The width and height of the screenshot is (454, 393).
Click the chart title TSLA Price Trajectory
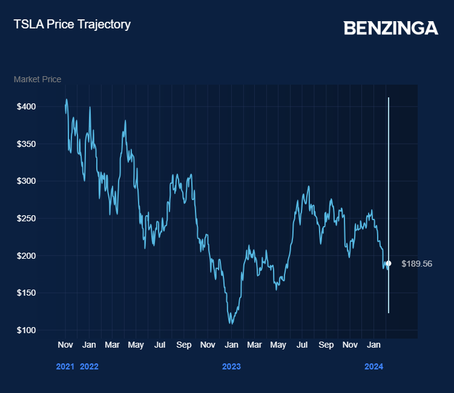coord(72,25)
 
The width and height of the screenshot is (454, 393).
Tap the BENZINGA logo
coord(390,28)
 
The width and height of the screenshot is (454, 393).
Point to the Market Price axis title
coord(38,79)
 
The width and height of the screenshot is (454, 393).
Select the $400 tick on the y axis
coord(27,106)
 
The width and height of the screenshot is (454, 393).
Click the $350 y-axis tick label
coord(27,144)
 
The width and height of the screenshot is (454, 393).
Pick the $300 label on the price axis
coord(27,181)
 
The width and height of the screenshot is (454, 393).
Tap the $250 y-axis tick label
coord(27,218)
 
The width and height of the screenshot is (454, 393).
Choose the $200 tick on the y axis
coord(27,256)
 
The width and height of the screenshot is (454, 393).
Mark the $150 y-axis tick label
coord(27,293)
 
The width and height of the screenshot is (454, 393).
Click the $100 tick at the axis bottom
coord(27,330)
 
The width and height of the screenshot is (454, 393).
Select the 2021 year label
coord(65,366)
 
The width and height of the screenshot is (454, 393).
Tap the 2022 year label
coord(89,366)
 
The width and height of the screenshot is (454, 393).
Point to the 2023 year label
coord(231,366)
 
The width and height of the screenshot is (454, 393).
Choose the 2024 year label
coord(373,366)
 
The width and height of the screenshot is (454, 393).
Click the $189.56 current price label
coord(416,264)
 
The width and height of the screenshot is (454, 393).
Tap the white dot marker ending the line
coord(389,264)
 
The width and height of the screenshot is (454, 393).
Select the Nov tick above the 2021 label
coord(65,345)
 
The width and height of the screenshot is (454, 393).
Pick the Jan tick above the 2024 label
coord(374,345)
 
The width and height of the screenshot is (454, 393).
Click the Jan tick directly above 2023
coord(231,345)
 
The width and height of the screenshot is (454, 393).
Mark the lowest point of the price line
coord(231,323)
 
